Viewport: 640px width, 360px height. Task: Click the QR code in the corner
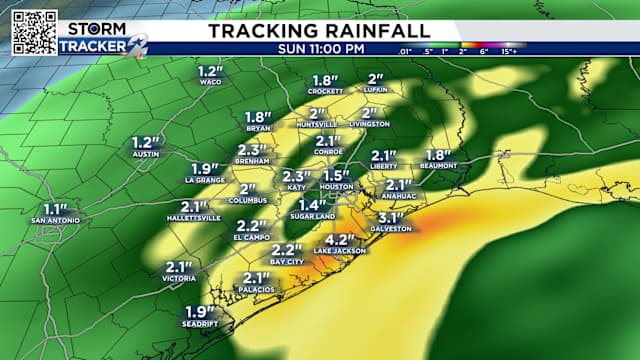pyautogui.click(x=34, y=32)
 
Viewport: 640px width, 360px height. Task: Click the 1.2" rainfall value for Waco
pyautogui.click(x=209, y=72)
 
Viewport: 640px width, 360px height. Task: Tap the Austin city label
pyautogui.click(x=146, y=155)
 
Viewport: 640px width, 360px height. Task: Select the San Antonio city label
pyautogui.click(x=55, y=219)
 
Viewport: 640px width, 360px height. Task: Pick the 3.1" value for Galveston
pyautogui.click(x=391, y=218)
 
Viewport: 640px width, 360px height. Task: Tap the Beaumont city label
pyautogui.click(x=438, y=166)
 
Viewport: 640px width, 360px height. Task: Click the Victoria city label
pyautogui.click(x=179, y=280)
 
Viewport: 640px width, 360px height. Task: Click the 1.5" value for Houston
pyautogui.click(x=336, y=176)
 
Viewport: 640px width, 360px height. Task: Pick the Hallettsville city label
pyautogui.click(x=194, y=218)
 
